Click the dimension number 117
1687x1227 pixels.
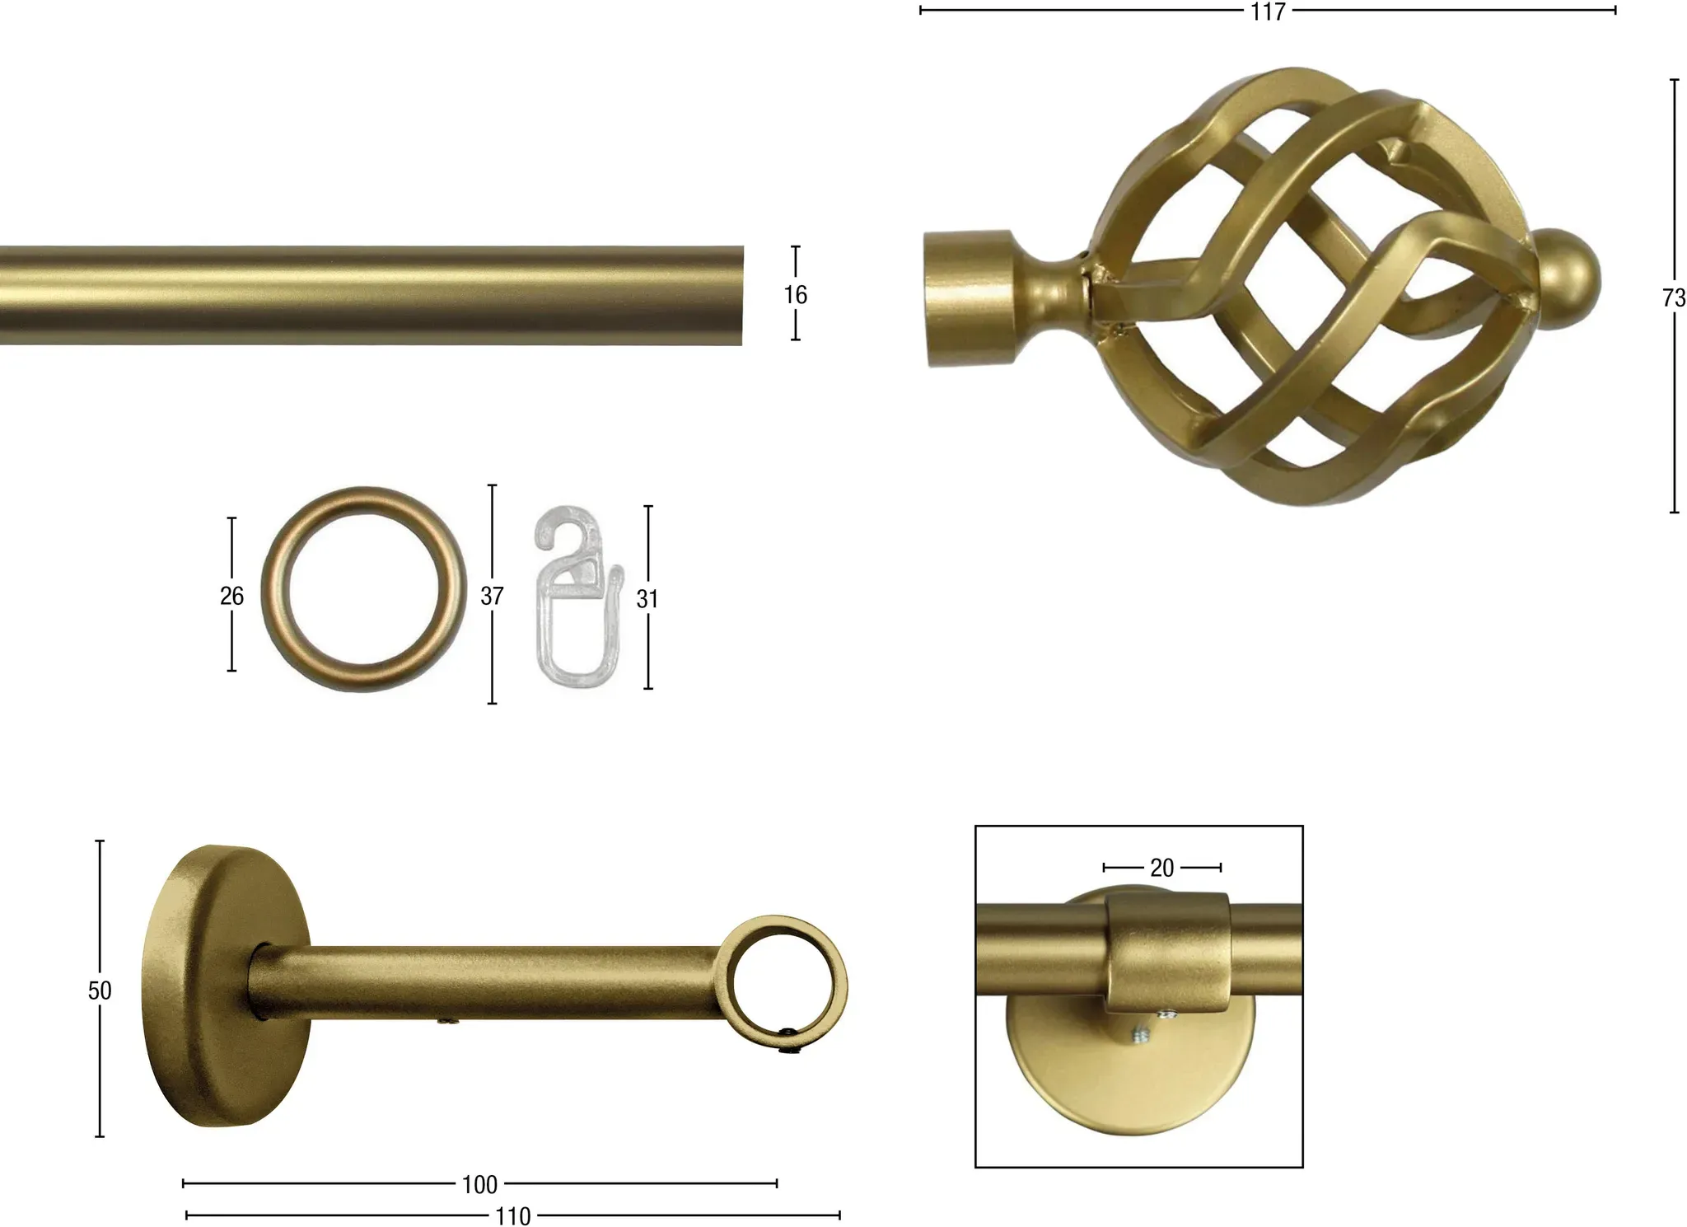1268,12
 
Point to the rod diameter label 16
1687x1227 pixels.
796,294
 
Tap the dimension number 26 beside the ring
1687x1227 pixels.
232,595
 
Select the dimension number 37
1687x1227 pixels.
492,595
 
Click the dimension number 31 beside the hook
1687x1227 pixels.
647,599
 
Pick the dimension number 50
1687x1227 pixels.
100,990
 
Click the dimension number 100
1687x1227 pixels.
480,1185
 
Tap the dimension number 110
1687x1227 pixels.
513,1216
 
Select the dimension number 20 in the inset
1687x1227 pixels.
1162,868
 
